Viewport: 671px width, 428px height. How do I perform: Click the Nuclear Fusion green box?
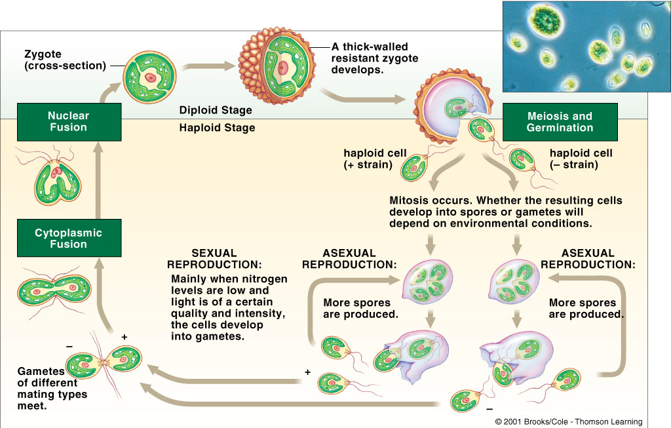tap(68, 121)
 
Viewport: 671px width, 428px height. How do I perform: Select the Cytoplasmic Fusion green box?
tap(68, 239)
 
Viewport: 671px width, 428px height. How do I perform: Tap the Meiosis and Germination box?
tap(560, 122)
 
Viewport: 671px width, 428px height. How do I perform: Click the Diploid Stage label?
tap(216, 111)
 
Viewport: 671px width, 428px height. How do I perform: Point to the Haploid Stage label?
tap(217, 128)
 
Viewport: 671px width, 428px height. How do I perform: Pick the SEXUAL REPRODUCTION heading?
tap(214, 259)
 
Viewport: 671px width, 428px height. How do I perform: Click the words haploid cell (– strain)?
tap(581, 159)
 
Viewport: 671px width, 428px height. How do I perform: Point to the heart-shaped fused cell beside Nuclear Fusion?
tap(56, 180)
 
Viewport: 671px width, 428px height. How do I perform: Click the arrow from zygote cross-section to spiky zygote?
tap(208, 66)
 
